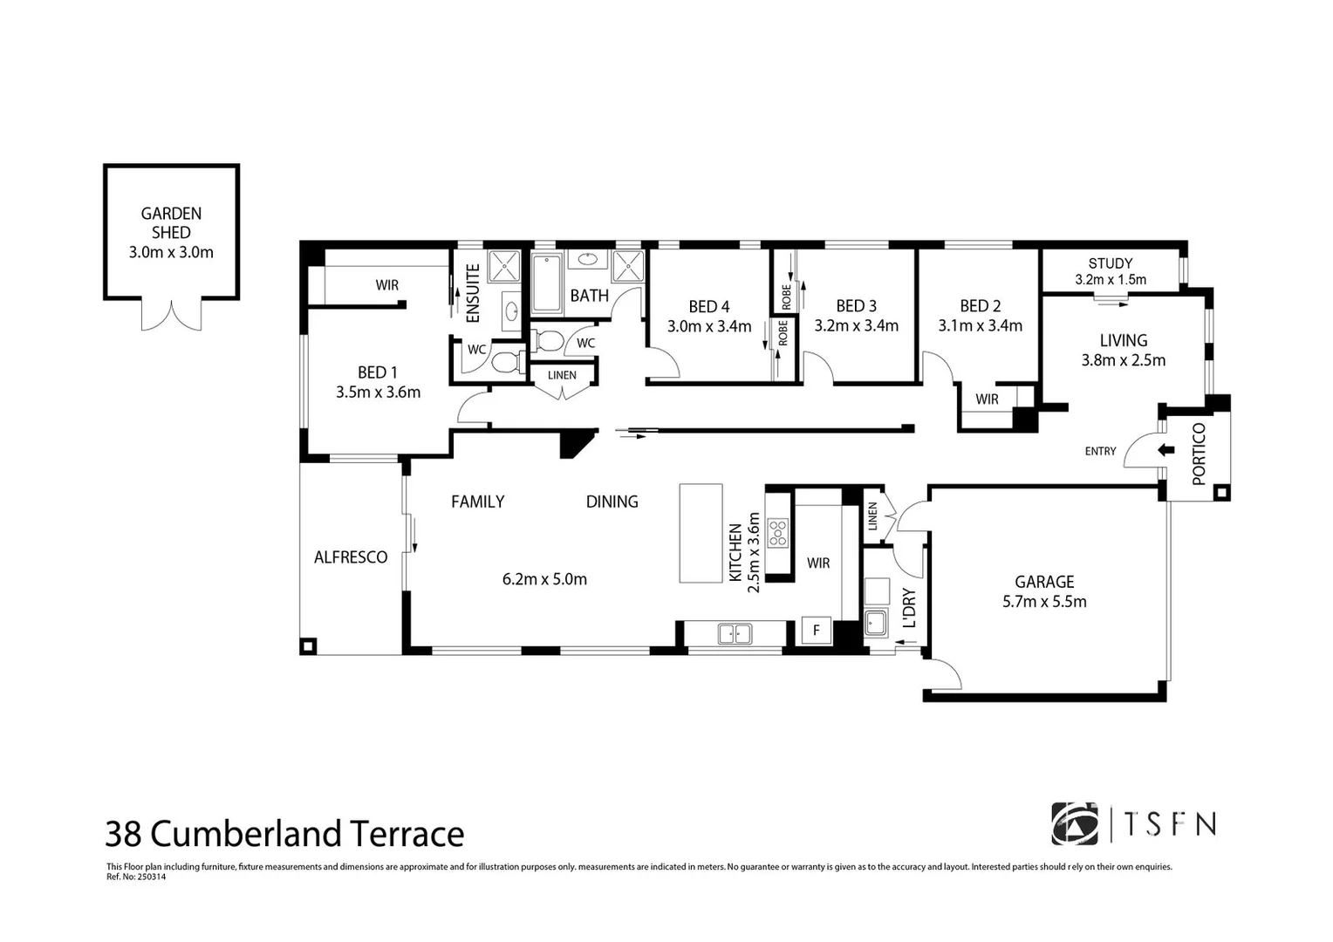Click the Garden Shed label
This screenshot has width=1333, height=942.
pyautogui.click(x=171, y=222)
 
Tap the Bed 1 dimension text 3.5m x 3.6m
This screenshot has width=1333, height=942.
pyautogui.click(x=378, y=392)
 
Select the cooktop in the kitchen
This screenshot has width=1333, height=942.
pyautogui.click(x=776, y=532)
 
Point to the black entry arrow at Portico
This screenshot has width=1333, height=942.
pyautogui.click(x=1166, y=450)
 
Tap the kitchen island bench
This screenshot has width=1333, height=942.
pyautogui.click(x=701, y=533)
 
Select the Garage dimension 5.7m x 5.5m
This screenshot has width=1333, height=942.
pyautogui.click(x=1044, y=602)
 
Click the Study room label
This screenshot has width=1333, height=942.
pyautogui.click(x=1110, y=263)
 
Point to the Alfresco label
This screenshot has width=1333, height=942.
pyautogui.click(x=351, y=557)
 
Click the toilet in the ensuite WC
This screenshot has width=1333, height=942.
pyautogui.click(x=505, y=361)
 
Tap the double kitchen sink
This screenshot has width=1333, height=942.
pyautogui.click(x=735, y=634)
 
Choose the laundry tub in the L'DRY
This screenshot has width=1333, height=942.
pyautogui.click(x=875, y=623)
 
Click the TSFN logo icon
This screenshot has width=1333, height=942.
pyautogui.click(x=1074, y=824)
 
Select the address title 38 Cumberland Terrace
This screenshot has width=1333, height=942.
pyautogui.click(x=284, y=834)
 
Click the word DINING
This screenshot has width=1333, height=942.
pyautogui.click(x=612, y=502)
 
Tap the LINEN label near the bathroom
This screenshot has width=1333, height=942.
pyautogui.click(x=562, y=375)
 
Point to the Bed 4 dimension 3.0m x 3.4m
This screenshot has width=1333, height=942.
pyautogui.click(x=708, y=327)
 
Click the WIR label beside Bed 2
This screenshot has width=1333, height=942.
pyautogui.click(x=987, y=399)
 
